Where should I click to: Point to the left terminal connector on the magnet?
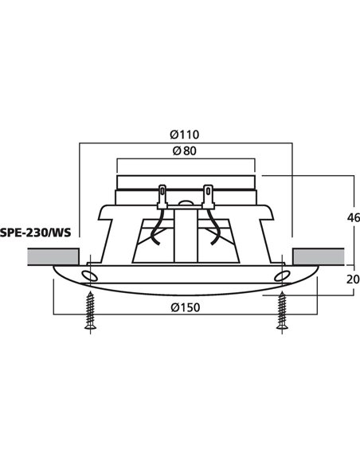[x=162, y=193]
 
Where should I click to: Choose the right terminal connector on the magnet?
[x=209, y=193]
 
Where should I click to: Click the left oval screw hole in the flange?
[x=89, y=276]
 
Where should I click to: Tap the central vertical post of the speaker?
[x=186, y=235]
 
